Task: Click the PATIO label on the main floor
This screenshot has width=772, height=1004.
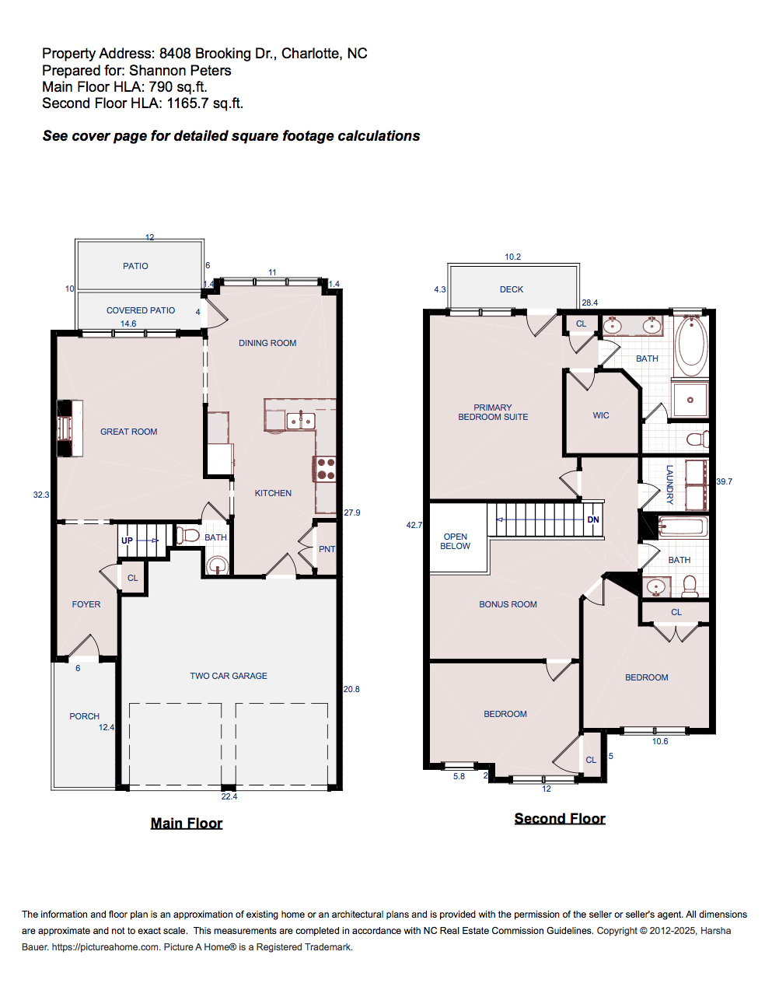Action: coord(135,266)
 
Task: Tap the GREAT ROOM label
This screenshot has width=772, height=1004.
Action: coord(128,432)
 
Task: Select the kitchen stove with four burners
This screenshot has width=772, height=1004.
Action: coord(326,469)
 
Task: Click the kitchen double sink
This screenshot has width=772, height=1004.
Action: coord(301,421)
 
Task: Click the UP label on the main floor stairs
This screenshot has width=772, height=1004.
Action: coord(127,540)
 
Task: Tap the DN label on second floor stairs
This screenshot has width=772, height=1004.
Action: coord(593,519)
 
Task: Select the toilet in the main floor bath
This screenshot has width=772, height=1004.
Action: coord(189,535)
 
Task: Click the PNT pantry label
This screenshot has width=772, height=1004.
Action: coord(327,549)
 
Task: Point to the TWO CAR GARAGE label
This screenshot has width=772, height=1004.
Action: coord(229,676)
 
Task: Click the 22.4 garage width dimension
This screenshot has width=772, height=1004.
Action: coord(229,796)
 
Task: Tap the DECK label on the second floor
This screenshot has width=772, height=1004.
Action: coord(512,289)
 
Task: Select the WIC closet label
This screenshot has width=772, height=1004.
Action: coord(601,415)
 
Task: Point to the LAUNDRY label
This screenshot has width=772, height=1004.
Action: coord(669,485)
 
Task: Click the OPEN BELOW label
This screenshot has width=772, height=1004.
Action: coord(456,541)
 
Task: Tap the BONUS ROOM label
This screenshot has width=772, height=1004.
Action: coord(508,604)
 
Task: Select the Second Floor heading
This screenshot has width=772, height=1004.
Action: coord(560,818)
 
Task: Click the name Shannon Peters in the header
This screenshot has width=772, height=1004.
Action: coord(180,71)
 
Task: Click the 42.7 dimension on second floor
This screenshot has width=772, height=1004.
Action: coord(414,525)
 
